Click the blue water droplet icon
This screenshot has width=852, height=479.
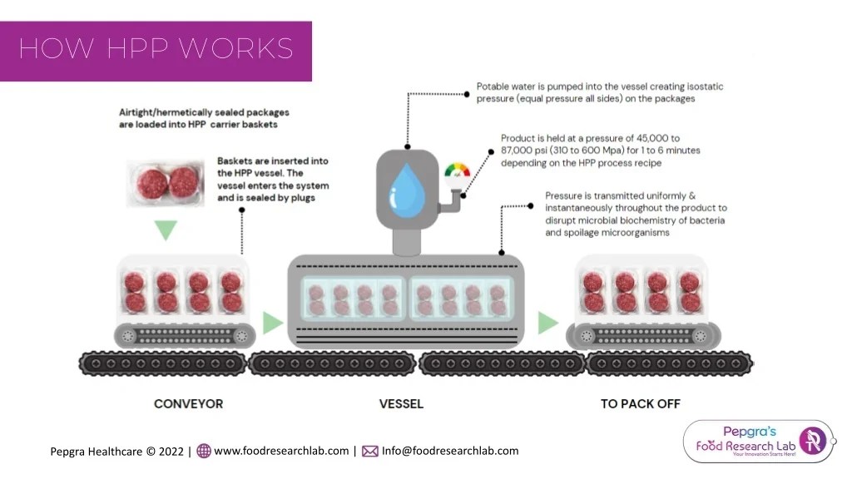pos(406,186)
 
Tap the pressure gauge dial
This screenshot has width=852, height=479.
pos(457,171)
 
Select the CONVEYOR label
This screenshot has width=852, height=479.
pos(188,404)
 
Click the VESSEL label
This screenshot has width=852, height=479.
pos(401,404)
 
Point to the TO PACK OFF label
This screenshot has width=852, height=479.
pos(640,404)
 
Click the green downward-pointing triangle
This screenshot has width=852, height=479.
pos(166,229)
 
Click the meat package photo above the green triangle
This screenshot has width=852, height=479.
pos(166,184)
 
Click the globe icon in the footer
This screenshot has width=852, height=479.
pos(204,452)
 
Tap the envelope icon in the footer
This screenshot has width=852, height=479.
pos(370,452)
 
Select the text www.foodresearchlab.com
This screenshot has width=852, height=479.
pos(281,451)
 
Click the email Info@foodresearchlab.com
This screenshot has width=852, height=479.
pos(449,451)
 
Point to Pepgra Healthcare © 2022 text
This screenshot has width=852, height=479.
pos(117,452)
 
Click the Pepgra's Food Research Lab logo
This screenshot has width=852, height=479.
pos(757,441)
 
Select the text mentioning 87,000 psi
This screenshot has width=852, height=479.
pos(600,151)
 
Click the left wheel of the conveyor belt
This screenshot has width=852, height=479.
pos(128,336)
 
